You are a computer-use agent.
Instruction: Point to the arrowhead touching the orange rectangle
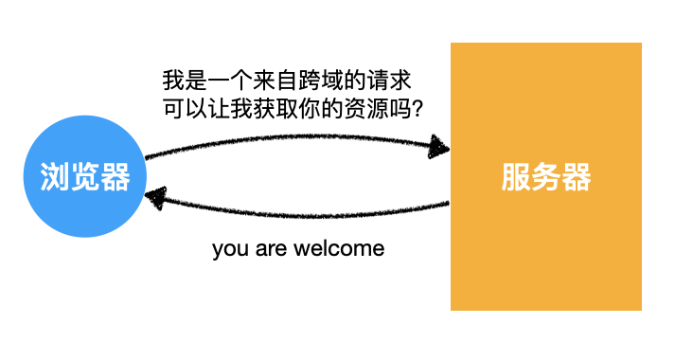pyautogui.click(x=438, y=146)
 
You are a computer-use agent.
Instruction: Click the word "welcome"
pyautogui.click(x=338, y=249)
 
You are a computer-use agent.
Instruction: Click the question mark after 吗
pyautogui.click(x=415, y=108)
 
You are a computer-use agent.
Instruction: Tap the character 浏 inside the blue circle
pyautogui.click(x=54, y=176)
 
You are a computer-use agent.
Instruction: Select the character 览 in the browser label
pyautogui.click(x=84, y=176)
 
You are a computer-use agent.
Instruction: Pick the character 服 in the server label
pyautogui.click(x=516, y=176)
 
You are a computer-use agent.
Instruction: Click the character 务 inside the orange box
pyautogui.click(x=546, y=176)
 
